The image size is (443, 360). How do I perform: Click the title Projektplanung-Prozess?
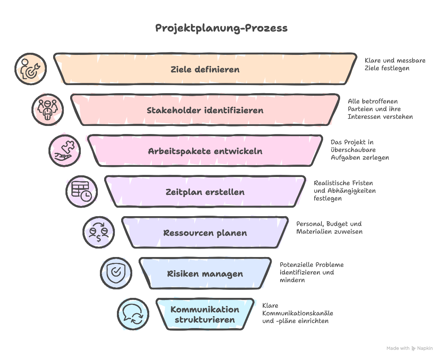[x=221, y=28]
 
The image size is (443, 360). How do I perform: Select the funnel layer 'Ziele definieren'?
[x=205, y=69]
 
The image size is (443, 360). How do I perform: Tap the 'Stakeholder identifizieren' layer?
[x=205, y=110]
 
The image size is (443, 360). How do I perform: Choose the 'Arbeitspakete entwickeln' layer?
[x=205, y=151]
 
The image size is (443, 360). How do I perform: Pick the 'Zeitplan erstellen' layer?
[x=205, y=192]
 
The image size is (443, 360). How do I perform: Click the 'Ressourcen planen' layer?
[x=205, y=233]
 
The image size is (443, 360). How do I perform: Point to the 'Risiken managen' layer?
[x=205, y=274]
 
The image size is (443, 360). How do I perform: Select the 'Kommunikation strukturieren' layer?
[x=205, y=314]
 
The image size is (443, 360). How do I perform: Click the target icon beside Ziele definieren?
[x=30, y=69]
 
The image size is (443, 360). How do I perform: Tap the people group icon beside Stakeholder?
[x=47, y=110]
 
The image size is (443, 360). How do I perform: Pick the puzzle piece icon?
[x=64, y=151]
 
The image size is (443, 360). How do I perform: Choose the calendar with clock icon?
[x=81, y=191]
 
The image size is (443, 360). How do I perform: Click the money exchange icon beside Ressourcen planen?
[x=98, y=232]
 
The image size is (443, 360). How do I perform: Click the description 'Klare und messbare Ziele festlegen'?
[x=395, y=64]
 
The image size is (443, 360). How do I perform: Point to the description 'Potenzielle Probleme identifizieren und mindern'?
[x=311, y=272]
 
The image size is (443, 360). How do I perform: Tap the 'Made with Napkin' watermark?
[x=409, y=348]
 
